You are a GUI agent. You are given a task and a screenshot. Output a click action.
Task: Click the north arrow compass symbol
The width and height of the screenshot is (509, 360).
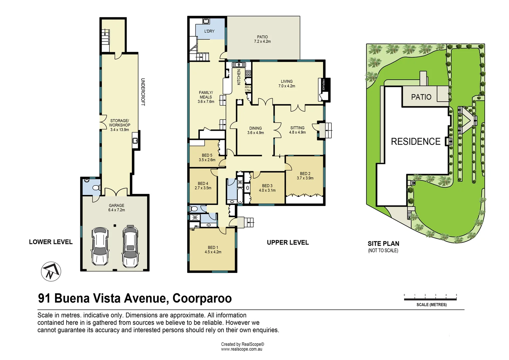coord(51,271)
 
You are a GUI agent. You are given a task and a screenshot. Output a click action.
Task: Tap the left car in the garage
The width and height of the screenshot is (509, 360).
coord(100,246)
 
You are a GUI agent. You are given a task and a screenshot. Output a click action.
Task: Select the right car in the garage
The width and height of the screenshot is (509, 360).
coord(130,246)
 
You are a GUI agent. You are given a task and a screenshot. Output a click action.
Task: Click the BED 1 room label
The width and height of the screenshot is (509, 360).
coord(213,247)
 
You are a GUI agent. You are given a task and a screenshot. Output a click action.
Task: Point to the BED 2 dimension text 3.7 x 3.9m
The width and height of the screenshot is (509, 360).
coord(305,178)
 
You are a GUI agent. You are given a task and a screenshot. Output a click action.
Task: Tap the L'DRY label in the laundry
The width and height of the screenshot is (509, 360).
coord(209,31)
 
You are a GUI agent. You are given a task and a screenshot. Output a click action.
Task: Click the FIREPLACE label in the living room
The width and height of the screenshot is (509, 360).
coord(323,85)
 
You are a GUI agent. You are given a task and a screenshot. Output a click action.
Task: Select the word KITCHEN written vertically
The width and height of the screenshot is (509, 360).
coord(239,77)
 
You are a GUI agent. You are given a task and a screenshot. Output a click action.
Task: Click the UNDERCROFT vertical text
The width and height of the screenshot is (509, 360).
coord(143,92)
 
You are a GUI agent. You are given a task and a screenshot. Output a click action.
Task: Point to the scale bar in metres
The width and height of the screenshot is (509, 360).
coord(430,299)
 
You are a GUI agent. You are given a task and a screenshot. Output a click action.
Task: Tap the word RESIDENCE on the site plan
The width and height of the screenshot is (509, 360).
coord(415,142)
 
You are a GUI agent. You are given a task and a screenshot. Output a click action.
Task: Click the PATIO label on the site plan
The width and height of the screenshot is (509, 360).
coord(421,97)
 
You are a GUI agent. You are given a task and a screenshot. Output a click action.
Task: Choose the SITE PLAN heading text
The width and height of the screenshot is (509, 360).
coord(383,244)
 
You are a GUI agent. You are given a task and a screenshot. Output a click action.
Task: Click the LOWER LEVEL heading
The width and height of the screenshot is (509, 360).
coord(51,242)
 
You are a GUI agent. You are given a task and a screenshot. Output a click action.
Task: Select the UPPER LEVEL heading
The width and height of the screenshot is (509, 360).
coord(287,243)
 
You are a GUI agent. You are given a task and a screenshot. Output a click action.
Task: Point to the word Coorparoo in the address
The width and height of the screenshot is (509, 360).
coord(202,298)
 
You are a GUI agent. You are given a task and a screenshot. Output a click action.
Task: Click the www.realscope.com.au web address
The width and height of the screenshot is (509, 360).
coord(242,349)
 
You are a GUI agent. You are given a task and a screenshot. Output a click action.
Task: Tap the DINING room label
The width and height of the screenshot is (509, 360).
coord(255,128)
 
